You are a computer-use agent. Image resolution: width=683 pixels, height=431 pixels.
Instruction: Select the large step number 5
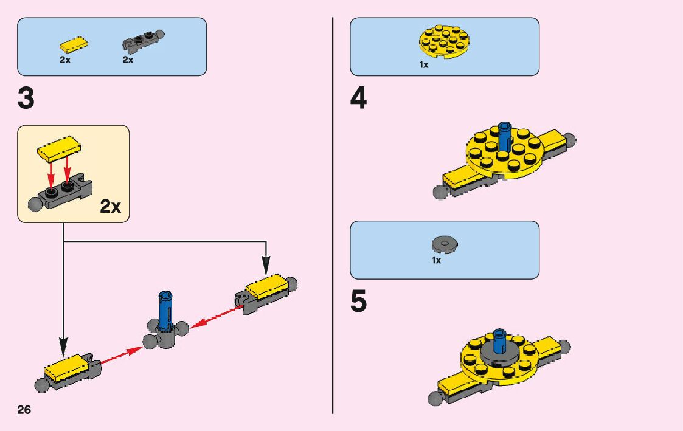[359, 303]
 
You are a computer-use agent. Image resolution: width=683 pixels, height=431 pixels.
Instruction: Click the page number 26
[24, 409]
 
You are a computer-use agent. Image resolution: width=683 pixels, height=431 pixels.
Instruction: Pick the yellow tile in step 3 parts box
[73, 44]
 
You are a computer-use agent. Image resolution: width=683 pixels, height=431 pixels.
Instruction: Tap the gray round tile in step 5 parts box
[445, 244]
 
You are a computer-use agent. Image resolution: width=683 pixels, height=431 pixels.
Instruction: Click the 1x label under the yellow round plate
[424, 65]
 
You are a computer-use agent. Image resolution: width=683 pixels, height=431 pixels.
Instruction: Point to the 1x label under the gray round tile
[436, 260]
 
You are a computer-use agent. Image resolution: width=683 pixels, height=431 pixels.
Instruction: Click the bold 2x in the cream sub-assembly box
[110, 207]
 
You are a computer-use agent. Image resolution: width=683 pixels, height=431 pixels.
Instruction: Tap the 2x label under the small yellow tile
[65, 60]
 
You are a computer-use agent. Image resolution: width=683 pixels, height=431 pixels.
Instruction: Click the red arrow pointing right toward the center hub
[120, 356]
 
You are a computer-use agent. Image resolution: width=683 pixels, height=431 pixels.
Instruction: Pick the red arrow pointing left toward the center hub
[216, 317]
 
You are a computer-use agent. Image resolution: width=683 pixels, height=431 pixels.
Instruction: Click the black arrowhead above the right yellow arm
[265, 267]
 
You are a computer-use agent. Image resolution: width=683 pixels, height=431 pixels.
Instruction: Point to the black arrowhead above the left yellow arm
[63, 348]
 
